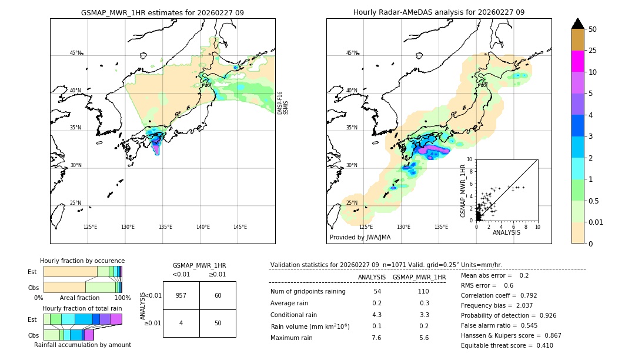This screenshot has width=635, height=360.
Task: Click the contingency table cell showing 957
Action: [181, 295]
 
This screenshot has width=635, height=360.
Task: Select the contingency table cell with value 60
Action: [218, 295]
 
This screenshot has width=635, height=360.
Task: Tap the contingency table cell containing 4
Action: [181, 323]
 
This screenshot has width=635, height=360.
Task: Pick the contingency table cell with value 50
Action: [218, 323]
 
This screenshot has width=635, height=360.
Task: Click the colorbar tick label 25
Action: [593, 51]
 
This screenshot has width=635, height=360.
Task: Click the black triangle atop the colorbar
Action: [578, 24]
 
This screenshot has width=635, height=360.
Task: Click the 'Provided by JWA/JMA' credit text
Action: [360, 237]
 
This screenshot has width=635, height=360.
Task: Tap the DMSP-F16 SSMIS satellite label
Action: [283, 102]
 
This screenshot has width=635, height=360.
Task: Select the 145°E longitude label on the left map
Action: [240, 227]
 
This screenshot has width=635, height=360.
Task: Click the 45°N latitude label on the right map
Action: [352, 53]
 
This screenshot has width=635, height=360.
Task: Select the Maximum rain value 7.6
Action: [376, 338]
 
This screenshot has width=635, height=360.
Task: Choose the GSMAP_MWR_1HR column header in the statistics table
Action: [419, 277]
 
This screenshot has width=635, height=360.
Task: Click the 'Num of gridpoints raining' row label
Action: [308, 292]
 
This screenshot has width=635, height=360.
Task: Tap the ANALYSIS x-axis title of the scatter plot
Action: [506, 232]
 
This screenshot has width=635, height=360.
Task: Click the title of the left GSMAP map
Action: [162, 12]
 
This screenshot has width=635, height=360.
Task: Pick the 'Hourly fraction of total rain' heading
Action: [82, 308]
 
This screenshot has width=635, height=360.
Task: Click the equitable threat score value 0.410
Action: [541, 345]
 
